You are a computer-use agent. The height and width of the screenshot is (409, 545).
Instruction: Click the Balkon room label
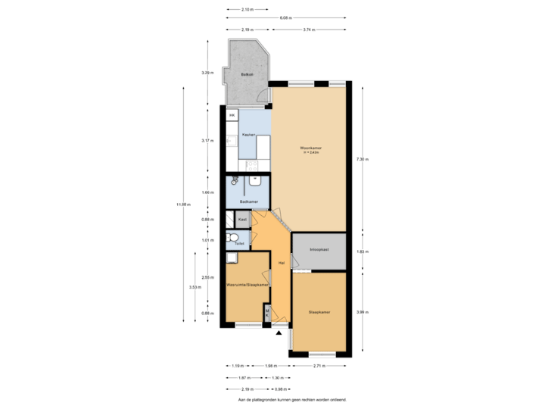coord(246,75)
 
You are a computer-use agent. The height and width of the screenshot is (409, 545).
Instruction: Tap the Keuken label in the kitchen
coord(247,134)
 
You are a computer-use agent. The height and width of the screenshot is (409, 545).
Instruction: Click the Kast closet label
coord(242,220)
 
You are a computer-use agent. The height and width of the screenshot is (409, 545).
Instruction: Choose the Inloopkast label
coord(319,248)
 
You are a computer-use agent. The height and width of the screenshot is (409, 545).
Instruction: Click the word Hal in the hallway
coord(281,263)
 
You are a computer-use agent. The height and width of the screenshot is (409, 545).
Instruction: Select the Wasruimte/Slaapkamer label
coord(248,284)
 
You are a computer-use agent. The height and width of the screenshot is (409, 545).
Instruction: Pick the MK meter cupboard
coord(267,311)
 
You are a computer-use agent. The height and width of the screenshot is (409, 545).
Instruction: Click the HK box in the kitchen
coord(232,115)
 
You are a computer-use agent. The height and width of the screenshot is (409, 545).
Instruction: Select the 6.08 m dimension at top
coord(285,17)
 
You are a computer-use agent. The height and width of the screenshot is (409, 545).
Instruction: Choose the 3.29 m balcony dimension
coord(206,73)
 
